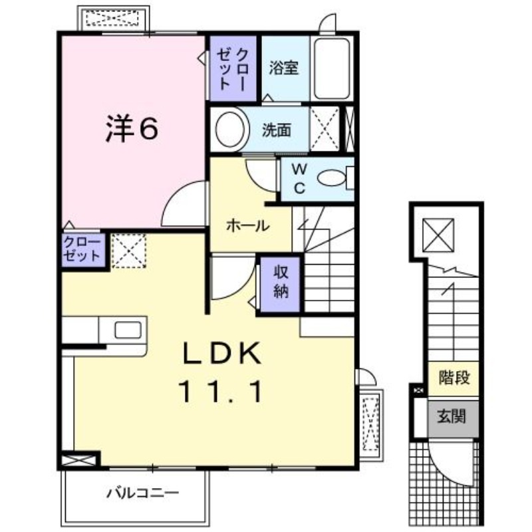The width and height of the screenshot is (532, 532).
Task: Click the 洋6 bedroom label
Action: (131, 128)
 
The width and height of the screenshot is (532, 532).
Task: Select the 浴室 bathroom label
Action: (284, 68)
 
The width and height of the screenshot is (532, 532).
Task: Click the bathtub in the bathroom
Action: (332, 68)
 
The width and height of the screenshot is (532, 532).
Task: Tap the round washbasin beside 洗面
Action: (230, 130)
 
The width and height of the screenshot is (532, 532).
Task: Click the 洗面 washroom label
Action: (275, 130)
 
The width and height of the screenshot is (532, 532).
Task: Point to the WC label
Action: (299, 178)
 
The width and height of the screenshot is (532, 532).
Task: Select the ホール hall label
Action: (247, 226)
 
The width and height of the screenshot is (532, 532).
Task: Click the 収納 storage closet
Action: (279, 283)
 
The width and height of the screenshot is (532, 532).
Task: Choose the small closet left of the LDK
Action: (83, 250)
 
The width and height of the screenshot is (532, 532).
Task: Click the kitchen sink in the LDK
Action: (128, 330)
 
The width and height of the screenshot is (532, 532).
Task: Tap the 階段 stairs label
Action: (455, 378)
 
